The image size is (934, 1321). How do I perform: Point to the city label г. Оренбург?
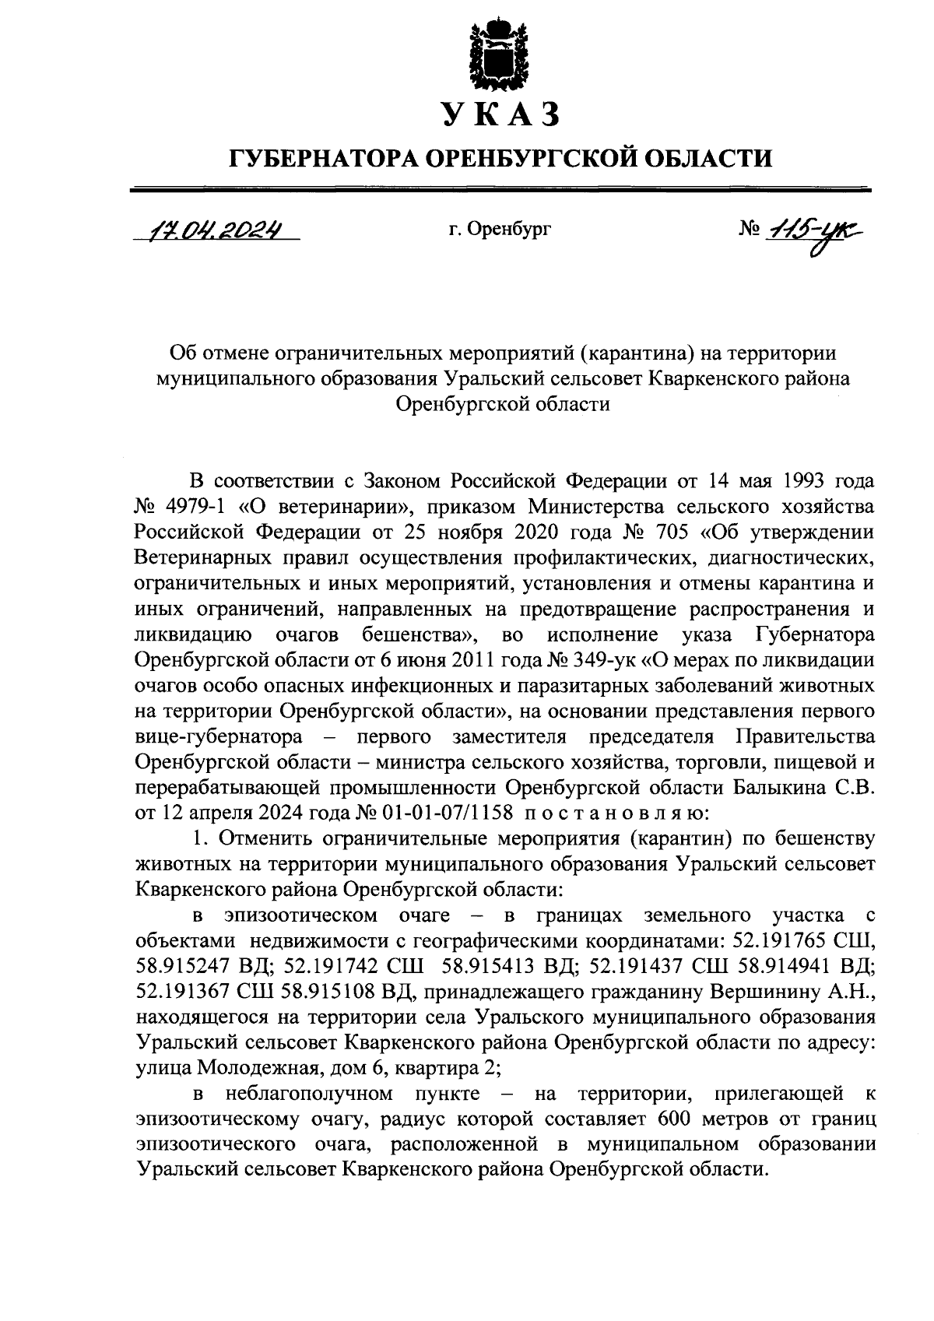500,230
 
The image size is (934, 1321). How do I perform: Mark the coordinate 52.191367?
182,993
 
